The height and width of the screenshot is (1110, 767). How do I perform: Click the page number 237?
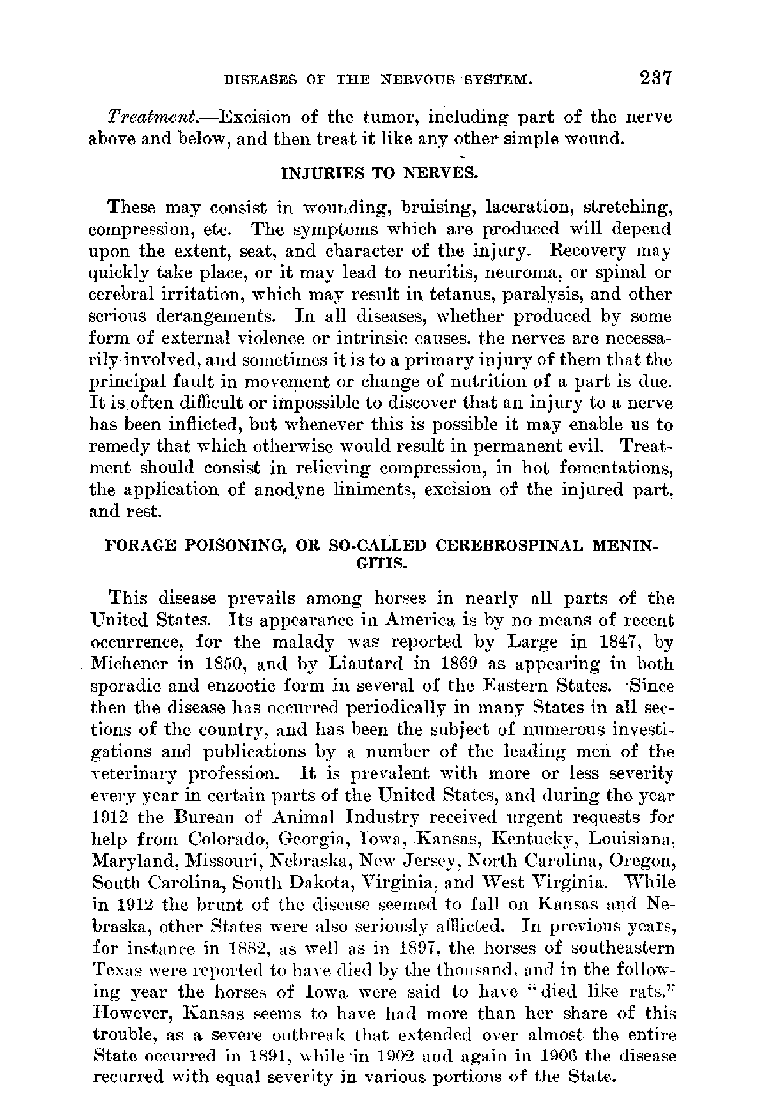pos(647,79)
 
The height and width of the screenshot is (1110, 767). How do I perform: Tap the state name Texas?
pos(114,969)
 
